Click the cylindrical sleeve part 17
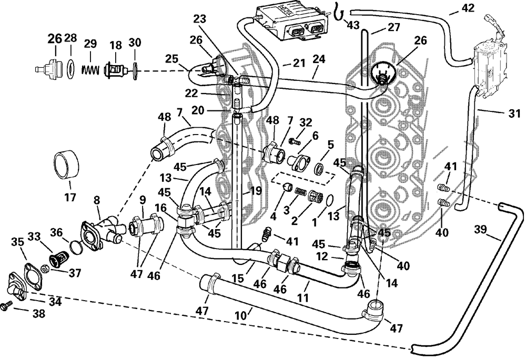coord(66,165)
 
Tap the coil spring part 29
coord(90,70)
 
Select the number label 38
coord(38,314)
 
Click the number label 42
coord(468,7)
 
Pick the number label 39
coord(480,230)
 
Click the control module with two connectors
coord(291,23)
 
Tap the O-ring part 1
coord(330,200)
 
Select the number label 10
coord(240,315)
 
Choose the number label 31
coord(514,114)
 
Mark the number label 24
coord(319,59)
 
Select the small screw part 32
coord(294,142)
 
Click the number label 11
coord(303,296)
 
